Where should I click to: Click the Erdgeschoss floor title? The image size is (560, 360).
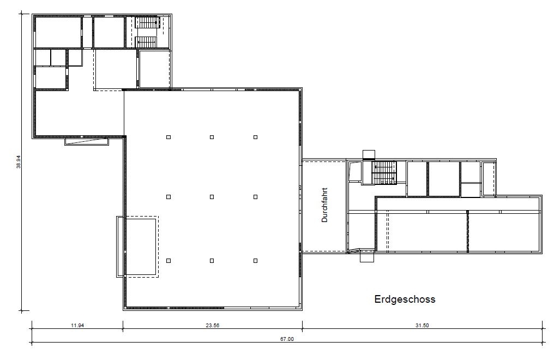pyautogui.click(x=405, y=299)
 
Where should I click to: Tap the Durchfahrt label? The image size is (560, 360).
pyautogui.click(x=324, y=205)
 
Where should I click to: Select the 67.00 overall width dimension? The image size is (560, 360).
pyautogui.click(x=287, y=339)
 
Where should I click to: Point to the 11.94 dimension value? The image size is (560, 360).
pyautogui.click(x=77, y=325)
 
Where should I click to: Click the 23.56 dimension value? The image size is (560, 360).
pyautogui.click(x=213, y=325)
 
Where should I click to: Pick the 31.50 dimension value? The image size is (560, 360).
pyautogui.click(x=422, y=325)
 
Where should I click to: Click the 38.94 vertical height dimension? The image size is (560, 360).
pyautogui.click(x=19, y=162)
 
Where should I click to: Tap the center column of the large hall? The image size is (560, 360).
pyautogui.click(x=212, y=197)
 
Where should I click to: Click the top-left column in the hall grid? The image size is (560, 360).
pyautogui.click(x=168, y=137)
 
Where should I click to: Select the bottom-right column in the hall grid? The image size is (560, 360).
pyautogui.click(x=255, y=261)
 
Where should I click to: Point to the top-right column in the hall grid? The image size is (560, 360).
pyautogui.click(x=255, y=137)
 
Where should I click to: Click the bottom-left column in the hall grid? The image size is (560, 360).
pyautogui.click(x=168, y=261)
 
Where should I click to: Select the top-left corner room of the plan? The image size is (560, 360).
pyautogui.click(x=58, y=32)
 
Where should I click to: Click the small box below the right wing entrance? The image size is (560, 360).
pyautogui.click(x=367, y=256)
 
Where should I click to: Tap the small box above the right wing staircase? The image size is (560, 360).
pyautogui.click(x=369, y=154)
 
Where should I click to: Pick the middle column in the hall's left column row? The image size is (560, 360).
pyautogui.click(x=168, y=197)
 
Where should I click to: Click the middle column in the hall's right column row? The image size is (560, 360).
pyautogui.click(x=255, y=197)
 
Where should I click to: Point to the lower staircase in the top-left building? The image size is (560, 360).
pyautogui.click(x=146, y=41)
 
